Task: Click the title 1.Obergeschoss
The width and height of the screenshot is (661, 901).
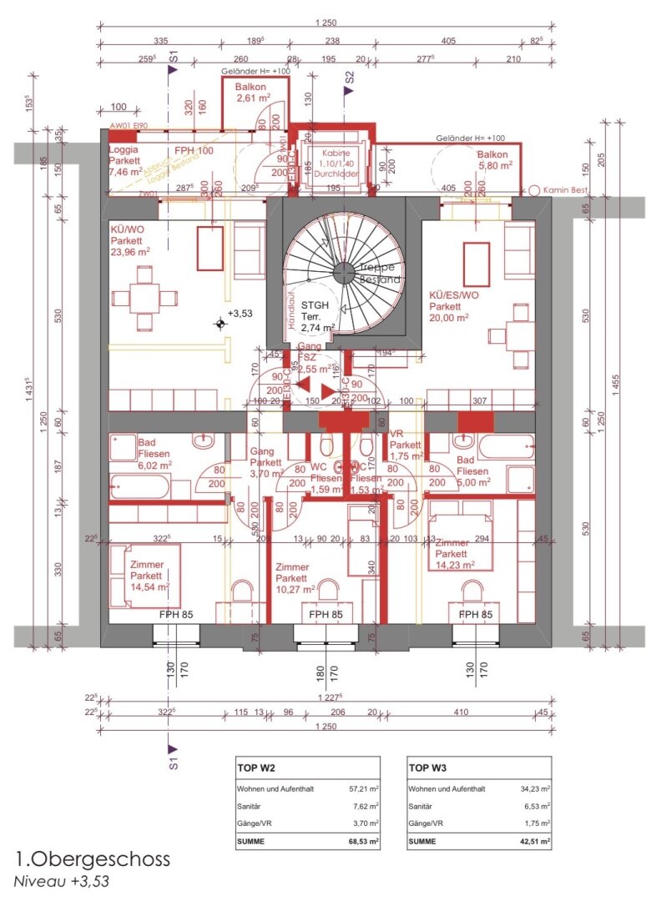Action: [x=92, y=858]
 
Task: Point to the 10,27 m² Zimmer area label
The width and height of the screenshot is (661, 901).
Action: [x=295, y=588]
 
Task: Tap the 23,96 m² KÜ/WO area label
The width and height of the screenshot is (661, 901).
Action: [x=130, y=251]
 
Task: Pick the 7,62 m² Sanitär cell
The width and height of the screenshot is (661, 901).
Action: [x=365, y=807]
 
